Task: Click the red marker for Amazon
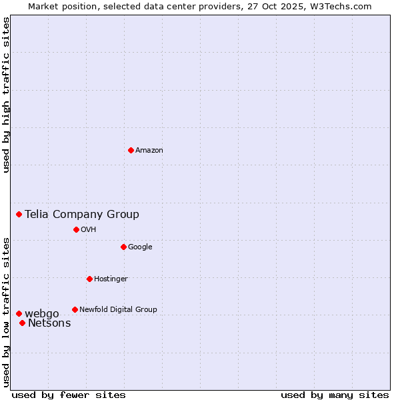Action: tap(131, 150)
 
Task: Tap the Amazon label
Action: tap(149, 151)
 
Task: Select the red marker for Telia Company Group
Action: tap(19, 214)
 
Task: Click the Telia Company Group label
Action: tap(82, 214)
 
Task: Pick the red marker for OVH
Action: tap(76, 229)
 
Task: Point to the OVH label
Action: tap(89, 230)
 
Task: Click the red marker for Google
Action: tap(123, 247)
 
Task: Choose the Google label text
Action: tap(140, 247)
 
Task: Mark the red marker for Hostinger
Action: tap(89, 279)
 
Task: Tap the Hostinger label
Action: tap(111, 279)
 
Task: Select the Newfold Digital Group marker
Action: tap(75, 309)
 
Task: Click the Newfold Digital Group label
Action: tap(118, 310)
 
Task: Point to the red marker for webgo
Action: tap(19, 313)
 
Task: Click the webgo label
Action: tap(42, 314)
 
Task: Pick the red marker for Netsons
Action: tap(22, 323)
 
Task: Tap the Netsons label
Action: tap(49, 323)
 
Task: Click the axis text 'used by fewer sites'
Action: tap(69, 395)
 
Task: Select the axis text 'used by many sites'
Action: tap(335, 395)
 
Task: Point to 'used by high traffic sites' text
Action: tap(6, 95)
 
